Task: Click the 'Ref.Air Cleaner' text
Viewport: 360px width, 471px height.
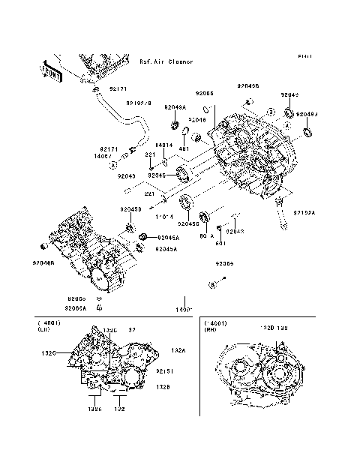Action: [166, 61]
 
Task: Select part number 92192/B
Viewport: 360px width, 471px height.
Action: [139, 103]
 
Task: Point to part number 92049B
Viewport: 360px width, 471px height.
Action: [248, 86]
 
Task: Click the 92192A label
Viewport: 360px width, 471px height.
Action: [304, 212]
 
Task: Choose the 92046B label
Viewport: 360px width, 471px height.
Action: [43, 263]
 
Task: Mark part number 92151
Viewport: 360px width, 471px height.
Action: [165, 370]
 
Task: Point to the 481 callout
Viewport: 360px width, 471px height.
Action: [182, 148]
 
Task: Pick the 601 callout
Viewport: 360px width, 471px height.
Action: [221, 242]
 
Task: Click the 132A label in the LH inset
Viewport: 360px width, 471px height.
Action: [178, 350]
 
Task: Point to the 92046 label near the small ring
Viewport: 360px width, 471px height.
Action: [197, 119]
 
